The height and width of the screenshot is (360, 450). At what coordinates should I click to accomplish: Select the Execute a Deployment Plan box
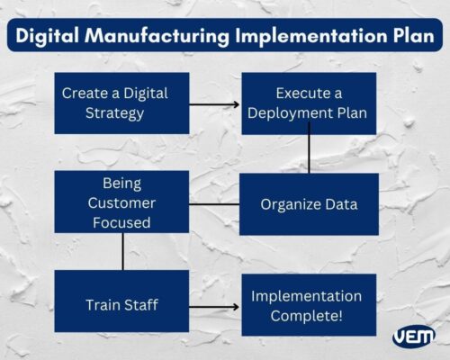click(309, 103)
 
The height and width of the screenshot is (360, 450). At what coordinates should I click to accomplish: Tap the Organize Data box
click(309, 204)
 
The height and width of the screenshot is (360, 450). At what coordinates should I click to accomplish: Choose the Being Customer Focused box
click(121, 202)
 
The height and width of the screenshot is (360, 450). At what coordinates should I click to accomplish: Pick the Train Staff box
click(121, 306)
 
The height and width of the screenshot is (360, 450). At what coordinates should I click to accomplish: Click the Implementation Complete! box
click(306, 306)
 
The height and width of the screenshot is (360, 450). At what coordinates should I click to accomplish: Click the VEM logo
click(413, 337)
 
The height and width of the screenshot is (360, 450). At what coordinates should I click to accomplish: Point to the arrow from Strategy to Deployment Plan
click(215, 104)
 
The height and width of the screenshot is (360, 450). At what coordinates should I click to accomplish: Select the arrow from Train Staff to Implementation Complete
click(215, 307)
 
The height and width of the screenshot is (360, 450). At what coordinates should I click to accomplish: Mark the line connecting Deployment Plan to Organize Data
click(309, 154)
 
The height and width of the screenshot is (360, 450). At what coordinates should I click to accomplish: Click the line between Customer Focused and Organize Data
click(215, 203)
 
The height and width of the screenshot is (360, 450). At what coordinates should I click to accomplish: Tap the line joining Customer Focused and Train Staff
click(122, 251)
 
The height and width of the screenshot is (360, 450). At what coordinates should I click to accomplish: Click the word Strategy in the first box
click(114, 113)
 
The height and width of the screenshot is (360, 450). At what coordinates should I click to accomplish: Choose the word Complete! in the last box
click(306, 316)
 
